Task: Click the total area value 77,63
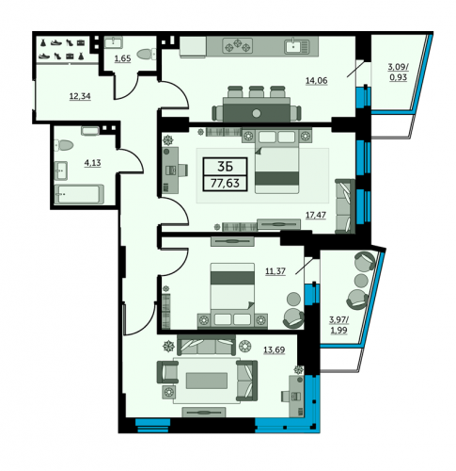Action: tap(225, 183)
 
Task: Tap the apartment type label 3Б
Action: tap(225, 167)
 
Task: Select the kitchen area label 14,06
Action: tap(317, 81)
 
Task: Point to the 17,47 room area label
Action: tap(316, 215)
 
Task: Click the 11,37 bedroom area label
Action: tap(275, 271)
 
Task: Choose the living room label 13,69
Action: tap(275, 349)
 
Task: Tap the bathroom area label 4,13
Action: tap(92, 163)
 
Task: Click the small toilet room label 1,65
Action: tap(122, 58)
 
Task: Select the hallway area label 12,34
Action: tap(80, 96)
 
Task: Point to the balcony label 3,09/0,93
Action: tap(399, 72)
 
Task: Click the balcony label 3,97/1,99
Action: tap(339, 325)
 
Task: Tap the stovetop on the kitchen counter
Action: tap(238, 45)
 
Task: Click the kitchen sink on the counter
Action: tap(297, 46)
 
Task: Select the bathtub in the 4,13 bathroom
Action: tap(79, 194)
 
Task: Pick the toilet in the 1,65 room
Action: tap(147, 54)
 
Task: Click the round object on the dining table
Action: tap(257, 113)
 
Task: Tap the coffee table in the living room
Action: tap(207, 381)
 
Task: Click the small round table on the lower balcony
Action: tap(361, 279)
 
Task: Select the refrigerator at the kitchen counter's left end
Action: tap(193, 47)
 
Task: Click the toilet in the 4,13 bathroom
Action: tap(64, 145)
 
